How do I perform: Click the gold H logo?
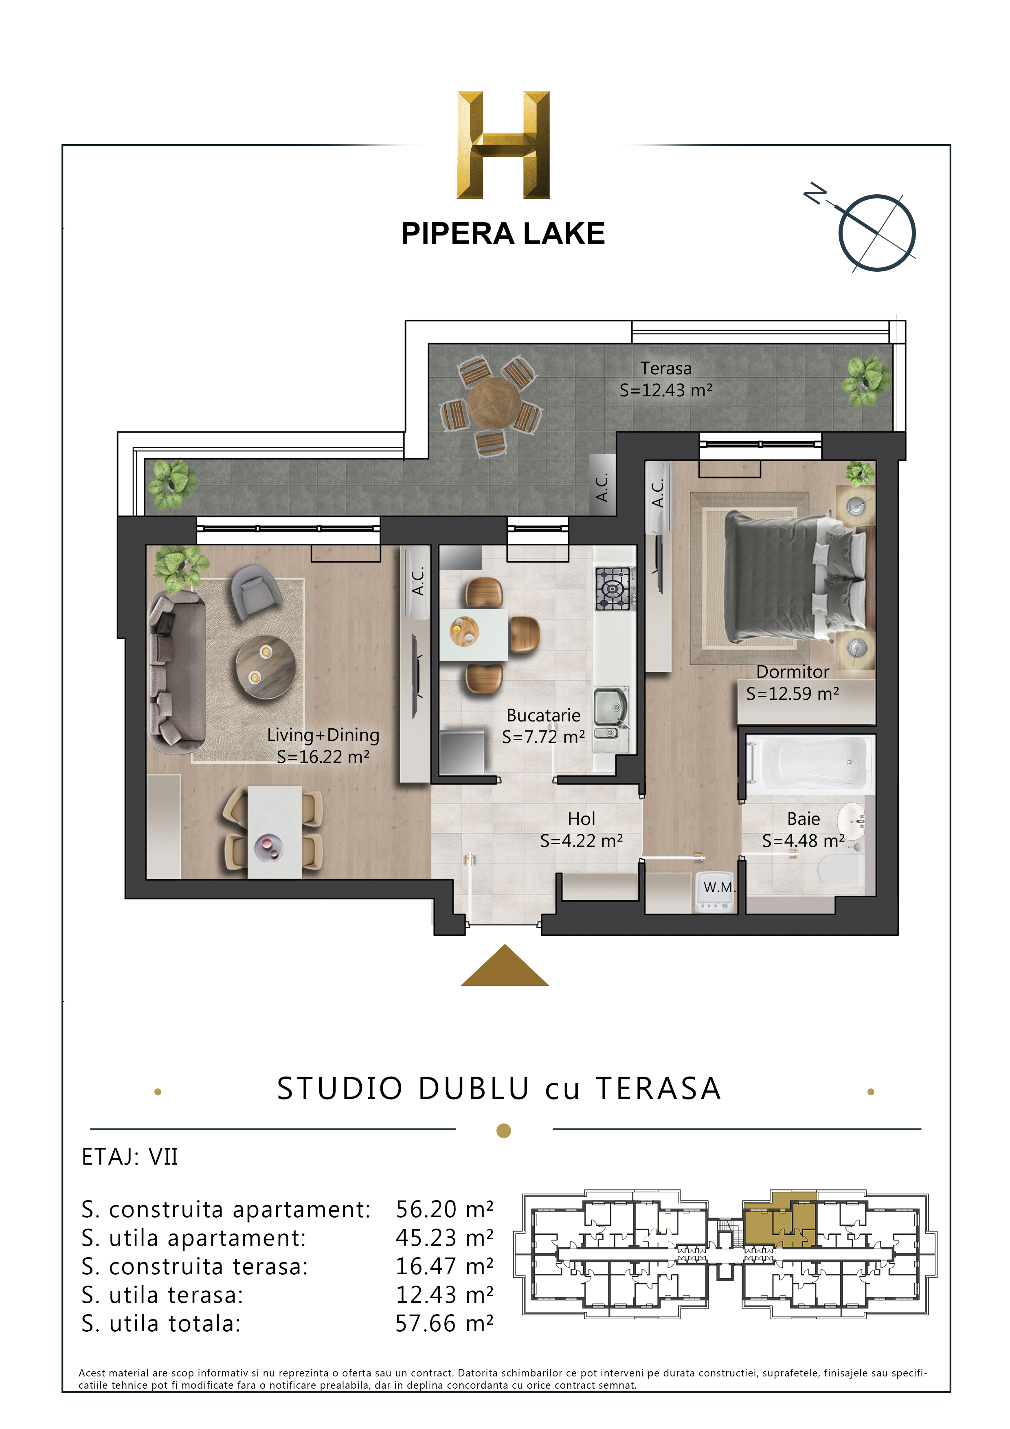[503, 145]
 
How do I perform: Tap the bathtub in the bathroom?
[808, 764]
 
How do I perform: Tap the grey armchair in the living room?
[255, 592]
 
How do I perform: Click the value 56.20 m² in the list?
[444, 1210]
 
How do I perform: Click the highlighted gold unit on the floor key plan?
[780, 1220]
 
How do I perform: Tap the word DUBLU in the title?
[474, 1088]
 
